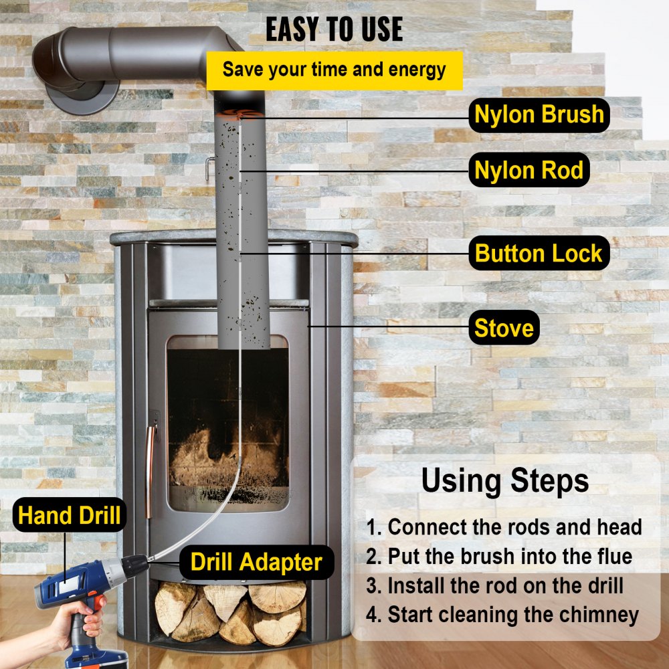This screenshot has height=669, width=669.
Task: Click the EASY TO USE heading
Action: [334, 29]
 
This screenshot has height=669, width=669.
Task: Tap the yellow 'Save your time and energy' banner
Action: [334, 70]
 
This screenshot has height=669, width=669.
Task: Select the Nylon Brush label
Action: [539, 114]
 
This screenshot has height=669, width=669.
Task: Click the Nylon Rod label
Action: [529, 170]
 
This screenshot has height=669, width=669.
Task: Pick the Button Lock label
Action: [539, 254]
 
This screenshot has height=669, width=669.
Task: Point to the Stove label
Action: [504, 328]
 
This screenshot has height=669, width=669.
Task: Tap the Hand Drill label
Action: [69, 516]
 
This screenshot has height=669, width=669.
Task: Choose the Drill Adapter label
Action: [256, 562]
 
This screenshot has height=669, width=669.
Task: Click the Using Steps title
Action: [505, 480]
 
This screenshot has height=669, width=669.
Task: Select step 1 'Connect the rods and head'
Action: [504, 527]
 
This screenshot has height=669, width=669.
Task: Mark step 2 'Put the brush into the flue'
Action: [499, 557]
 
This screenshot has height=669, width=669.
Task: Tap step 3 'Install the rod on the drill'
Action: [495, 586]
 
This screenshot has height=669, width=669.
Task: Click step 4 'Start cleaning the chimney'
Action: [502, 615]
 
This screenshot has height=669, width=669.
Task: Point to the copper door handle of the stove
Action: [151, 462]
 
